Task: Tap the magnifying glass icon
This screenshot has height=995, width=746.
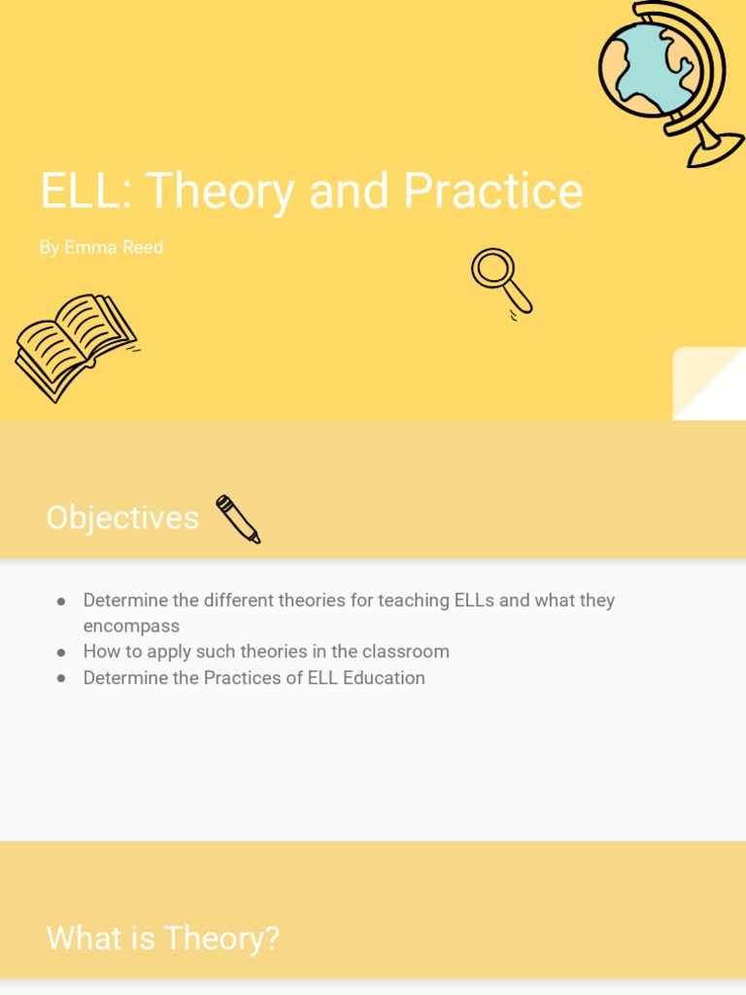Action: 501,282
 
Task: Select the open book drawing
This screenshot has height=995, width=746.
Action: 74,344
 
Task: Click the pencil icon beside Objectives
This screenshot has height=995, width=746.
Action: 238,519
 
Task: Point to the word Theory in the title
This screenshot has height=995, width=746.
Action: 220,191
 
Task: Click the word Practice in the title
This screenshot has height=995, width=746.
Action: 492,191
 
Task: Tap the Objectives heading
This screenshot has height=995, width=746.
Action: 122,518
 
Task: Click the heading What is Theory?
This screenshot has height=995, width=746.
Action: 162,939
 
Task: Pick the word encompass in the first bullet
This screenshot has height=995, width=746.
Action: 131,627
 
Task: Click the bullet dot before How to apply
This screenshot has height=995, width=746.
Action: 61,652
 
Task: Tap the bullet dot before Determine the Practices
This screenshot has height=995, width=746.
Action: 61,678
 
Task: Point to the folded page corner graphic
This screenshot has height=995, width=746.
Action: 709,384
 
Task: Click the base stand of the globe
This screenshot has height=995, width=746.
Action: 717,151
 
